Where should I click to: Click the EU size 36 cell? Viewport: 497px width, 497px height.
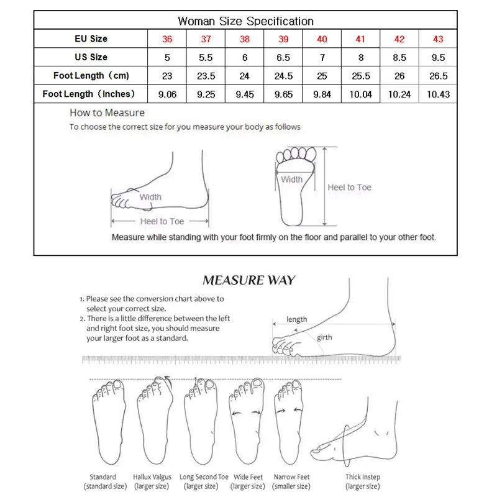point(167,39)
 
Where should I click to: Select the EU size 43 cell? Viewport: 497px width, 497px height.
point(439,39)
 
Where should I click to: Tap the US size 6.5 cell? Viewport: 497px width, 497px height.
point(283,57)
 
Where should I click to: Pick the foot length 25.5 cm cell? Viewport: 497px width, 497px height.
point(361,76)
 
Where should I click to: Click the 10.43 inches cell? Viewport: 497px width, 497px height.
point(439,94)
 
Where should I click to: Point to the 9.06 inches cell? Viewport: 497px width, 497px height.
point(167,94)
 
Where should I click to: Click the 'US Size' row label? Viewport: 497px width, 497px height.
point(90,57)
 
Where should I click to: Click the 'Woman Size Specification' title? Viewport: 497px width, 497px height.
point(246,21)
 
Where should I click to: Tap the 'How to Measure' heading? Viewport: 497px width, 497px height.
point(107,113)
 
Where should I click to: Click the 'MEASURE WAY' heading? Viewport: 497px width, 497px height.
point(249,280)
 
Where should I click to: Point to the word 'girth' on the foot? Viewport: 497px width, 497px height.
point(324,337)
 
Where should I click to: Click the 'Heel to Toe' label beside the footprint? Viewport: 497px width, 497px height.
point(350,187)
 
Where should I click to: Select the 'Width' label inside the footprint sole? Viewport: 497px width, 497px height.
point(291,180)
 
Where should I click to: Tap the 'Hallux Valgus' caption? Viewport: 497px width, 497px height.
point(153,477)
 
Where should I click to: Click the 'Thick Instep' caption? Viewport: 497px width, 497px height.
point(363,477)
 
